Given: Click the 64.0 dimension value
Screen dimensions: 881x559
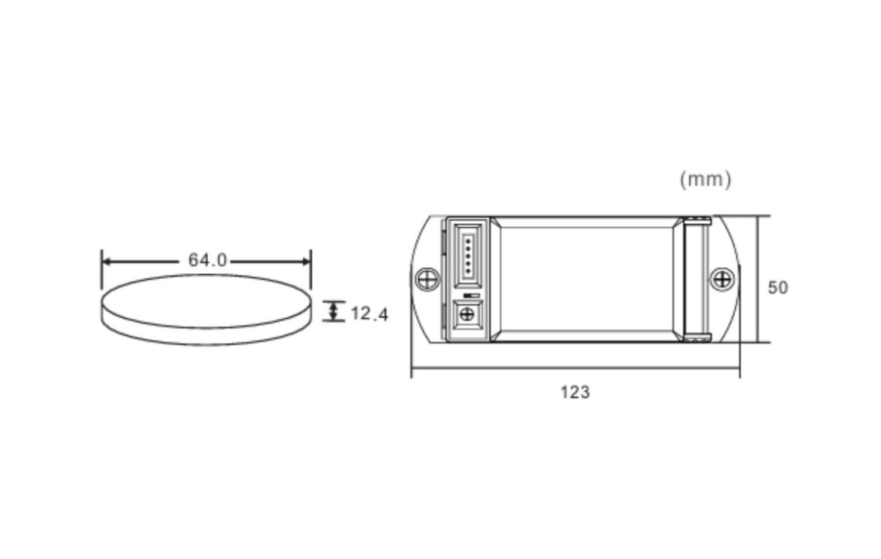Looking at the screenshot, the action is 207,260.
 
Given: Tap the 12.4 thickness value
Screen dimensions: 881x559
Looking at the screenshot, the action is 369,313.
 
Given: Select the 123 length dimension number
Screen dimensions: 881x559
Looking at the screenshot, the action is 575,391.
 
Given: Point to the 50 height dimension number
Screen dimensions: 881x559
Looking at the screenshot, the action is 777,287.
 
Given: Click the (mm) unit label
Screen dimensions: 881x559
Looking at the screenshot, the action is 705,180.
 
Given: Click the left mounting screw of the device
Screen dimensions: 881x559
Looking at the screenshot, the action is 427,279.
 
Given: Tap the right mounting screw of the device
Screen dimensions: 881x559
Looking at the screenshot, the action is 722,279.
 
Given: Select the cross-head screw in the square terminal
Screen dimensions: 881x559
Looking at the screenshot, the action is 466,314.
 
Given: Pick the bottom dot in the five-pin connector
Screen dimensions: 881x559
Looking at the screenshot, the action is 468,272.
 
